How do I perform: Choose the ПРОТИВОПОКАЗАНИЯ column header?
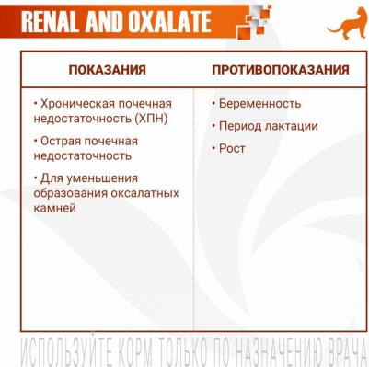(280, 70)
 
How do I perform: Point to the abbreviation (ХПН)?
(136, 119)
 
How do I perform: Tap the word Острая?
(65, 142)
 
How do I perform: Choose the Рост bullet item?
(232, 148)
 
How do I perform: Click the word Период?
(242, 126)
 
